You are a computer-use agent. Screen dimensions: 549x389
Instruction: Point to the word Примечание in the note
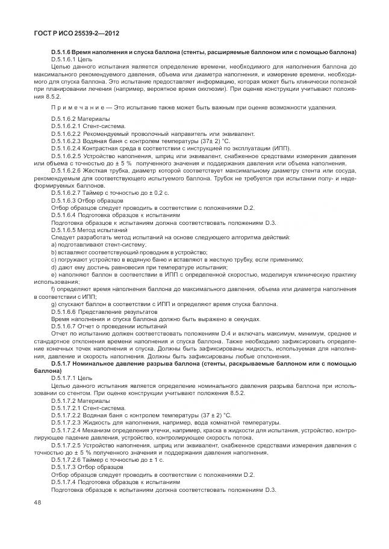click(x=73, y=108)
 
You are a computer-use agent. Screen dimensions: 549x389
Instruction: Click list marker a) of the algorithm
click(x=54, y=245)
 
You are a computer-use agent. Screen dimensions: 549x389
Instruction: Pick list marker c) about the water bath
click(x=54, y=259)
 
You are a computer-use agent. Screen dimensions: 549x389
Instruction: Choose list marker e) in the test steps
click(x=54, y=274)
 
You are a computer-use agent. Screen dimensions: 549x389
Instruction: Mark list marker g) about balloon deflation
click(x=54, y=304)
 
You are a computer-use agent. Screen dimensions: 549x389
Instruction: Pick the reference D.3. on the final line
click(x=270, y=489)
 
